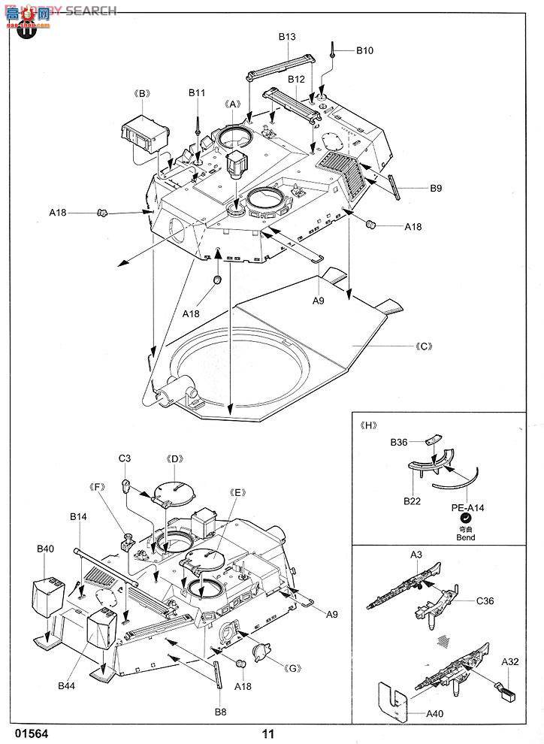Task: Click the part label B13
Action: coord(287,37)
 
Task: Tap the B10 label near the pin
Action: coord(364,50)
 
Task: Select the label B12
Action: coord(295,79)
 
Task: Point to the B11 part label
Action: coord(197,92)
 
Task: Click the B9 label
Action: coord(435,189)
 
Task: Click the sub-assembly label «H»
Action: coord(368,425)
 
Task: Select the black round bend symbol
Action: coord(466,519)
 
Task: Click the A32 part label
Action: coord(512,661)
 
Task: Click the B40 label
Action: coord(45,549)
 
